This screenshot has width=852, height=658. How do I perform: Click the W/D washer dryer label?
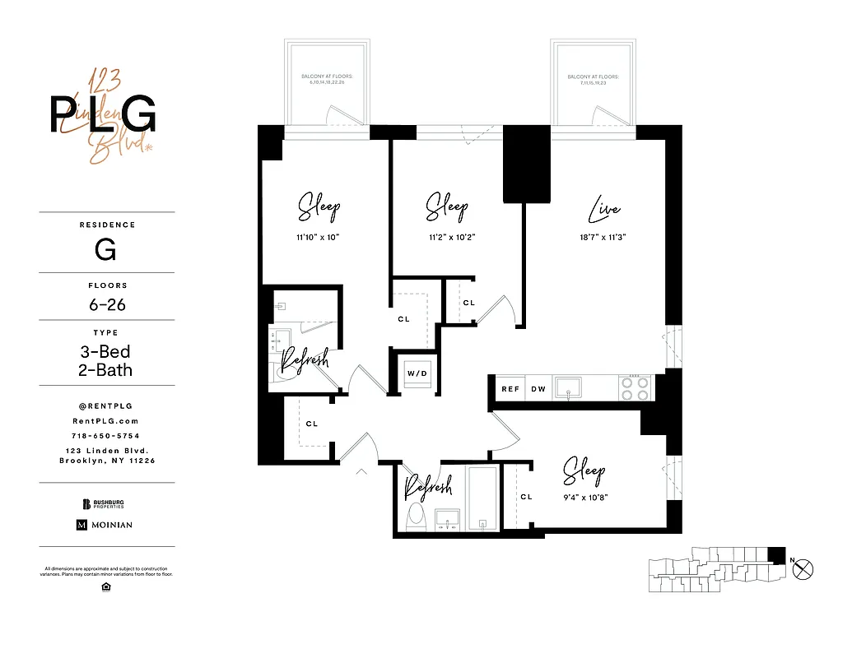pos(417,373)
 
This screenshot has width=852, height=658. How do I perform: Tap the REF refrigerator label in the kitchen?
pos(510,389)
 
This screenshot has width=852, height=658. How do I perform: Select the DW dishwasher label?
pos(538,389)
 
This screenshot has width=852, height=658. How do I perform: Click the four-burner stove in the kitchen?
pos(635,387)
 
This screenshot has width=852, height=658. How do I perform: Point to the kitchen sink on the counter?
pos(569,387)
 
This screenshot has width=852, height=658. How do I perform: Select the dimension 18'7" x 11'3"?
pos(603,237)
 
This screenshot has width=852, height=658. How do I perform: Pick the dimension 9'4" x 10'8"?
pos(584,497)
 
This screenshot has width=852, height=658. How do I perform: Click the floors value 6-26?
pos(107,305)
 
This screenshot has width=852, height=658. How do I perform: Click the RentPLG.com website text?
pos(107,420)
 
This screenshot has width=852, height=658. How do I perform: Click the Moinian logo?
pos(105,525)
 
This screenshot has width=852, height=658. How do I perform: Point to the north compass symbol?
pos(805,567)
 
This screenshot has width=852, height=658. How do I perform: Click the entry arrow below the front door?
pos(361,472)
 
